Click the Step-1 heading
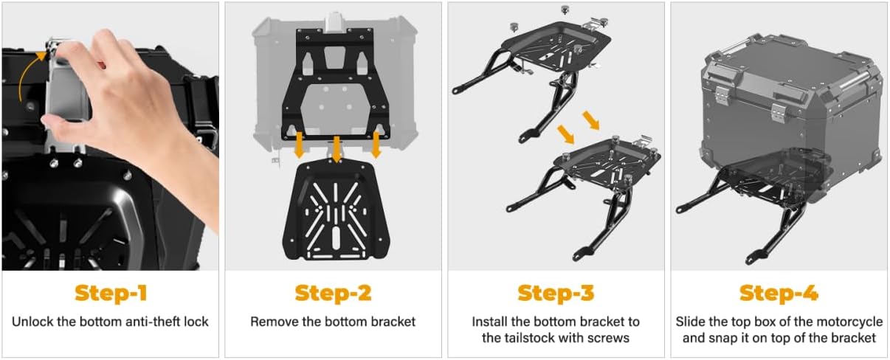[111, 294]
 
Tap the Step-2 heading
[333, 294]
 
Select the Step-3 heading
[556, 294]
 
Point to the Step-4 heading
[779, 294]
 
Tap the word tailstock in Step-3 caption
[531, 338]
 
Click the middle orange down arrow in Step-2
[337, 150]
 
